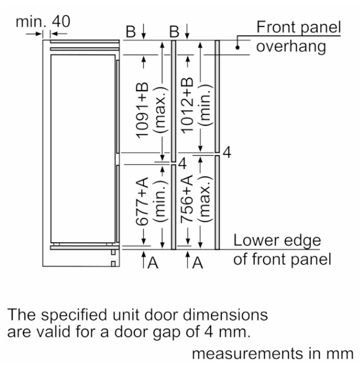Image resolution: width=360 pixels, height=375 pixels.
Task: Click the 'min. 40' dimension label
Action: tap(43, 22)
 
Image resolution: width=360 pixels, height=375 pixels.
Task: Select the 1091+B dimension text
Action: tap(142, 110)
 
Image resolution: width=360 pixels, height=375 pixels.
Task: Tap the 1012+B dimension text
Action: tap(187, 105)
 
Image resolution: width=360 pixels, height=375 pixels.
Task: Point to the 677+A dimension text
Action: tap(142, 201)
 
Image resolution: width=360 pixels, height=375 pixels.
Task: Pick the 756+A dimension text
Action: tap(187, 199)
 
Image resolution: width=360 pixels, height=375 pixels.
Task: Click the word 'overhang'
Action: tap(291, 46)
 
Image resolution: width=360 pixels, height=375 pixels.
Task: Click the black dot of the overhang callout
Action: tap(238, 48)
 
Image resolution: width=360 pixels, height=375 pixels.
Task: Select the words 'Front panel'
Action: tap(299, 27)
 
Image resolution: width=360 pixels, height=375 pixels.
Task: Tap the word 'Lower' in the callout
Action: tap(252, 240)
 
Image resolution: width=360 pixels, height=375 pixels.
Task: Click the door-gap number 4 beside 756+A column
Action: tap(183, 163)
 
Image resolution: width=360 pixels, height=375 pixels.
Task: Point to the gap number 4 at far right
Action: tap(227, 152)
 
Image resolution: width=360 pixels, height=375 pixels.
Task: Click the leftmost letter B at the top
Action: tap(131, 31)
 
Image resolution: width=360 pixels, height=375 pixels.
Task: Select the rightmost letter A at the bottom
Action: tap(198, 263)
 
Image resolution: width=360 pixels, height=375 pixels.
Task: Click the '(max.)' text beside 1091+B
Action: tap(160, 110)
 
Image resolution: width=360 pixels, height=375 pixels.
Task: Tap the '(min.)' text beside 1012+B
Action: tap(205, 105)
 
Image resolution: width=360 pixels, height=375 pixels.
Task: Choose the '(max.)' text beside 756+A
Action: tap(205, 199)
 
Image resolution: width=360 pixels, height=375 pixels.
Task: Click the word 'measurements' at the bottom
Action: tap(247, 353)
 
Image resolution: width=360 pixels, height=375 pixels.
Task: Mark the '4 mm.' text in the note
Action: tap(227, 332)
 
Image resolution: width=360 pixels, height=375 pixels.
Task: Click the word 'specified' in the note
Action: tap(74, 315)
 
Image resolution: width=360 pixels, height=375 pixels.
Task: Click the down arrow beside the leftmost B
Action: tap(143, 31)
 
